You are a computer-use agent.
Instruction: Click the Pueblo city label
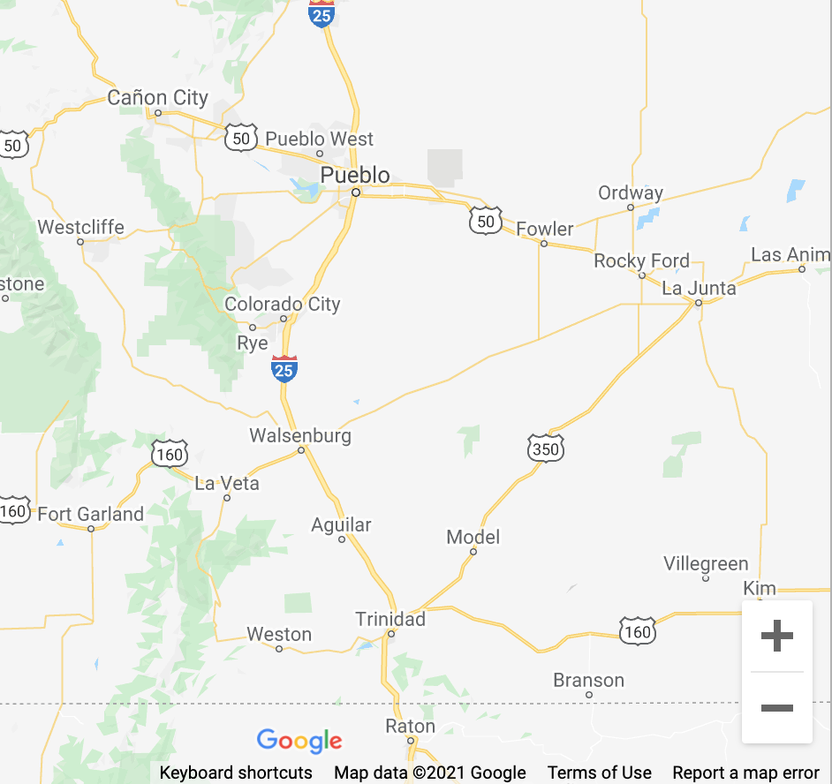coord(355,175)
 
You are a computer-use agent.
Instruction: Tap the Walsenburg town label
coord(300,435)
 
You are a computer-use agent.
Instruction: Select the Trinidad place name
coord(390,619)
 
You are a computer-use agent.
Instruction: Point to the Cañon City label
coord(158,98)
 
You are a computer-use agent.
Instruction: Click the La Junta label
coord(699,288)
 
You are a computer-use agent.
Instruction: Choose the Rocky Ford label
coord(642,260)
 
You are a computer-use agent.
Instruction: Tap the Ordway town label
coord(631,192)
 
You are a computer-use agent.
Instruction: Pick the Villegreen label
coord(706,564)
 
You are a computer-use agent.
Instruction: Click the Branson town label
coord(589,681)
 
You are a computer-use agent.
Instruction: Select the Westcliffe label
coord(81,227)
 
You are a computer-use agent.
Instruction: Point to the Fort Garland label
coord(91,514)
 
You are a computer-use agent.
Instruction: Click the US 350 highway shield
coord(546,449)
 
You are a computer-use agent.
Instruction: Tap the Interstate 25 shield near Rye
coord(284,368)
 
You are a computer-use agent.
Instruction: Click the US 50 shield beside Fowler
coord(486,221)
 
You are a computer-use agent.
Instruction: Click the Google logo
coord(299,741)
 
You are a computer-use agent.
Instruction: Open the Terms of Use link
coord(600,773)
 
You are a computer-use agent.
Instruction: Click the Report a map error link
coord(746,773)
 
